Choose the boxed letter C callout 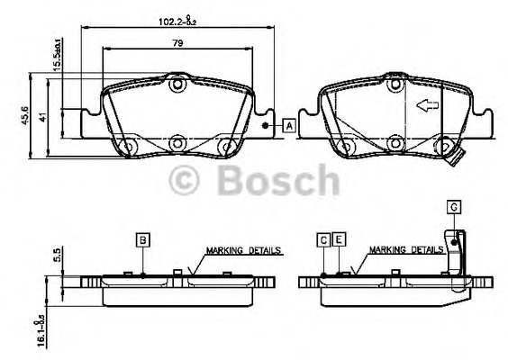(323, 239)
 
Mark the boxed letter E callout (339, 239)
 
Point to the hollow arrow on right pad (425, 105)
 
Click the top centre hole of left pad (177, 86)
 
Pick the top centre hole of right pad (394, 86)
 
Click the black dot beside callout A (265, 126)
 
